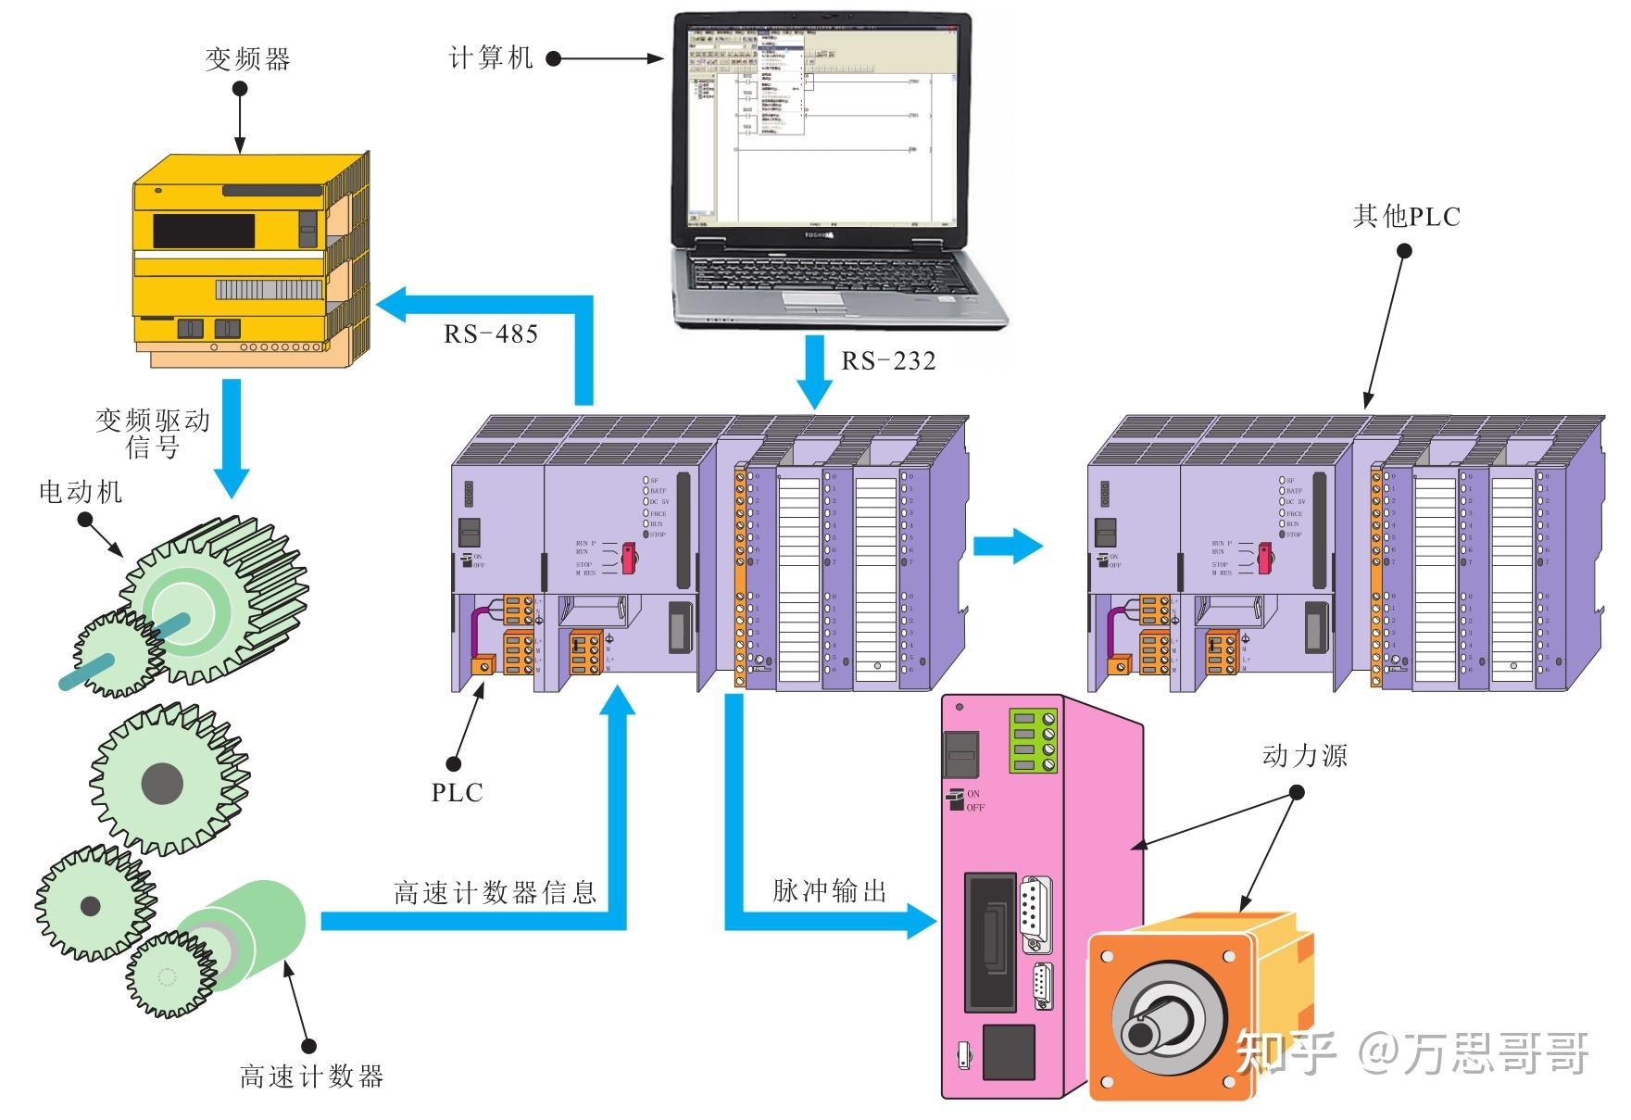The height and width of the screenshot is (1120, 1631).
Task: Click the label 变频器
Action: pyautogui.click(x=247, y=60)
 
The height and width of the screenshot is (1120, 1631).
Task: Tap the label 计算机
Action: pyautogui.click(x=491, y=58)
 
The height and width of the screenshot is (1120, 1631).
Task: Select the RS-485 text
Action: pyautogui.click(x=491, y=333)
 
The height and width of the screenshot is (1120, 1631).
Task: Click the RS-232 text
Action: pyautogui.click(x=888, y=361)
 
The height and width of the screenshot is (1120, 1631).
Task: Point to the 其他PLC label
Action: pyautogui.click(x=1406, y=217)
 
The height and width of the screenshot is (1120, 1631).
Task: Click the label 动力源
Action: pyautogui.click(x=1304, y=756)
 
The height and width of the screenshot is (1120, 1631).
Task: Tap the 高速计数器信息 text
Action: pyautogui.click(x=495, y=892)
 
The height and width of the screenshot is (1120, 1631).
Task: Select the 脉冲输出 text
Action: pyautogui.click(x=830, y=890)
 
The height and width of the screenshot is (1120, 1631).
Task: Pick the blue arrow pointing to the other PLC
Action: pyautogui.click(x=1010, y=545)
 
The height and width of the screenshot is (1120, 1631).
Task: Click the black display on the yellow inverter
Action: pyautogui.click(x=204, y=231)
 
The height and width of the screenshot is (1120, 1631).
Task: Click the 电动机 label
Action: pyautogui.click(x=81, y=492)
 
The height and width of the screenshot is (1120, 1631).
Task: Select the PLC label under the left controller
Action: pyautogui.click(x=457, y=792)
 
